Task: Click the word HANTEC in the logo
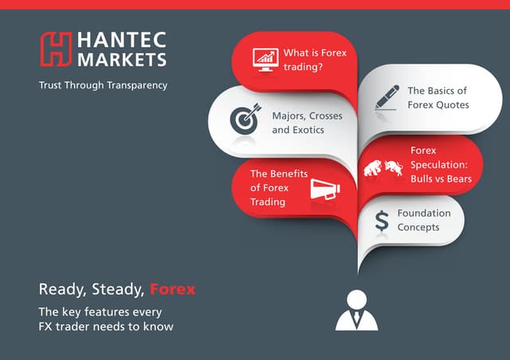coord(120,41)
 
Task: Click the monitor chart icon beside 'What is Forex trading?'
coord(265,58)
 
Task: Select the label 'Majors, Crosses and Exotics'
coord(307,122)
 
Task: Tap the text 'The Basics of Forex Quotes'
coord(438,97)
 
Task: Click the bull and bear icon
coord(384,167)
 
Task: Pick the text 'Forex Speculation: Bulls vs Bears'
coord(441,163)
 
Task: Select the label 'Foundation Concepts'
coord(424,220)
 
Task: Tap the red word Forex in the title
coord(173,288)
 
